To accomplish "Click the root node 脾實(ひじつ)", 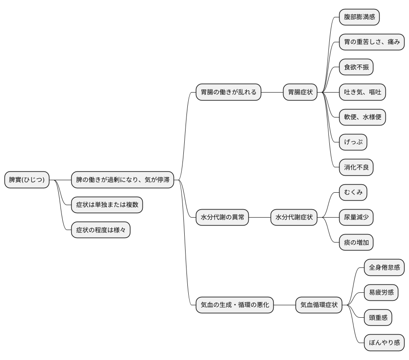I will coord(27,180).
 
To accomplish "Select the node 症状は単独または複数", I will coord(107,205).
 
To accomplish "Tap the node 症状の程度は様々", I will coord(101,230).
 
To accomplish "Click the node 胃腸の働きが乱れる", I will coord(228,93).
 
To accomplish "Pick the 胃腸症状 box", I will coord(300,93).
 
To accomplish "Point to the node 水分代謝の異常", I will coord(222,218).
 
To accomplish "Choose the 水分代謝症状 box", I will coord(294,218).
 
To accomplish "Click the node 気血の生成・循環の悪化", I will coord(235,305).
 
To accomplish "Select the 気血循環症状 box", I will coord(319,305).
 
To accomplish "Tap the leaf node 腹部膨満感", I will coord(359,17).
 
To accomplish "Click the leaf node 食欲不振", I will coord(356,67).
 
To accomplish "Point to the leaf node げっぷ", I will coord(353,142).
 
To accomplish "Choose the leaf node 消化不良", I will coord(356,167).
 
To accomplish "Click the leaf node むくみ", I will coord(353,192).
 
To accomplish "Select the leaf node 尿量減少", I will coord(356,218).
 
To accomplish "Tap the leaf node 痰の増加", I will coord(356,243).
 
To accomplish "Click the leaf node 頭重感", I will coord(378,318).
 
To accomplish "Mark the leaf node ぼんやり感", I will coord(384,343).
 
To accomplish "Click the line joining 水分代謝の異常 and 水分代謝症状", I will coord(260,218).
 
